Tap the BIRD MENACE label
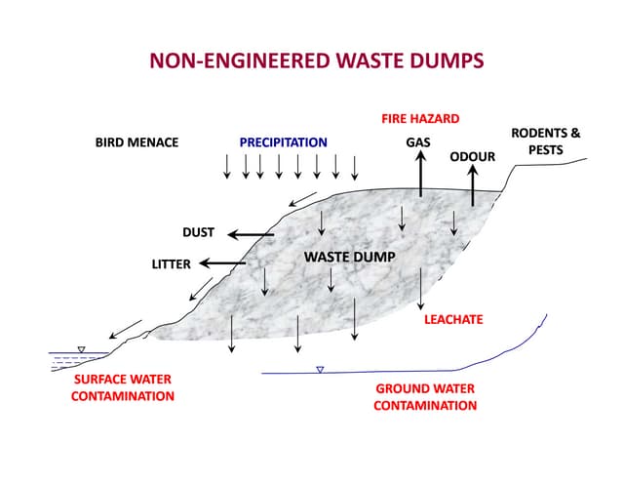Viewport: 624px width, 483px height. pyautogui.click(x=136, y=142)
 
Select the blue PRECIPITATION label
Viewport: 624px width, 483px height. pyautogui.click(x=283, y=142)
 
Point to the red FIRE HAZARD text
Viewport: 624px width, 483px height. pyautogui.click(x=419, y=119)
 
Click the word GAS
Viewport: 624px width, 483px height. pyautogui.click(x=418, y=142)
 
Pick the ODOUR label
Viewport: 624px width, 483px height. pyautogui.click(x=473, y=156)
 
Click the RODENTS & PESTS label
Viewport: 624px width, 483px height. pyautogui.click(x=546, y=141)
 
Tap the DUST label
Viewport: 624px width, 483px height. pyautogui.click(x=198, y=233)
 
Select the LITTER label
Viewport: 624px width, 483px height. pyautogui.click(x=171, y=263)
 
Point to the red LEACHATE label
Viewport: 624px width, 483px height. pyautogui.click(x=453, y=319)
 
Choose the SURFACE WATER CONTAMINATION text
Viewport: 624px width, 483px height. pyautogui.click(x=123, y=387)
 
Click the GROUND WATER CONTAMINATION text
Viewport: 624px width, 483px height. pyautogui.click(x=425, y=396)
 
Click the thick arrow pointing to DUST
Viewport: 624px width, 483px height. pyautogui.click(x=252, y=234)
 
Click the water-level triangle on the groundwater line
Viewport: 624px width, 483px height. pyautogui.click(x=319, y=370)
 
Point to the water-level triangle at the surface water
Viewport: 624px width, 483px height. pyautogui.click(x=81, y=349)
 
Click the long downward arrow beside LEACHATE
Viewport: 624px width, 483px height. pyautogui.click(x=420, y=290)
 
